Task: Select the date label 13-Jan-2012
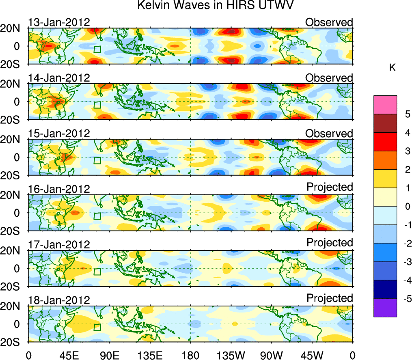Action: (x=59, y=22)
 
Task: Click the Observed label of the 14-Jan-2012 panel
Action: (x=329, y=78)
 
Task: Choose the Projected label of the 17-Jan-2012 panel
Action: (x=330, y=242)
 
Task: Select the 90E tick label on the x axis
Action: (x=110, y=355)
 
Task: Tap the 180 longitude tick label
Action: (x=190, y=355)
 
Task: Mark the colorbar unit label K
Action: (x=392, y=68)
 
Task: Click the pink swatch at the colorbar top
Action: (x=385, y=105)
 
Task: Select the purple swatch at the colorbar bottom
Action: (x=385, y=308)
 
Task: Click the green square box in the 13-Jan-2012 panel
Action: (x=97, y=49)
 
